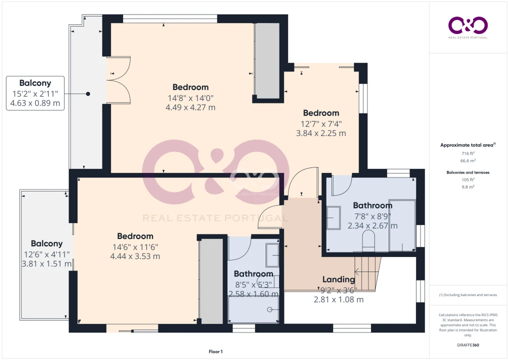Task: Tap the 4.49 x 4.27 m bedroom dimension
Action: click(x=190, y=107)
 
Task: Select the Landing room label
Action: click(x=338, y=279)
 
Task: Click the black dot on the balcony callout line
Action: click(x=88, y=94)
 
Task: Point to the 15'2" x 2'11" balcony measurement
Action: click(x=35, y=93)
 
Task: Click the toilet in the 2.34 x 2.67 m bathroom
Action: click(x=368, y=240)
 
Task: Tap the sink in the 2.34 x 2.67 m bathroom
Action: click(x=333, y=218)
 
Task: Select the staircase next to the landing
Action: click(x=367, y=273)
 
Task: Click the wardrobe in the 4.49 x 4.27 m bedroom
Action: click(x=267, y=60)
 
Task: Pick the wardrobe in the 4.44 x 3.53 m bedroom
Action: click(x=211, y=281)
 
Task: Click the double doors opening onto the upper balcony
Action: click(x=118, y=80)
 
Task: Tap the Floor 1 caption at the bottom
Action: click(x=215, y=351)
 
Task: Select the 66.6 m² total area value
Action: click(x=468, y=160)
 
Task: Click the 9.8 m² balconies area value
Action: click(x=468, y=187)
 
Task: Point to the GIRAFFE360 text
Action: click(x=468, y=345)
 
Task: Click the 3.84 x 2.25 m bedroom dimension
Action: click(x=321, y=133)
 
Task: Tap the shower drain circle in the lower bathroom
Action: click(x=269, y=309)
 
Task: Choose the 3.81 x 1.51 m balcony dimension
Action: click(x=46, y=263)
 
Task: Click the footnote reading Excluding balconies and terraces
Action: click(x=468, y=295)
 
